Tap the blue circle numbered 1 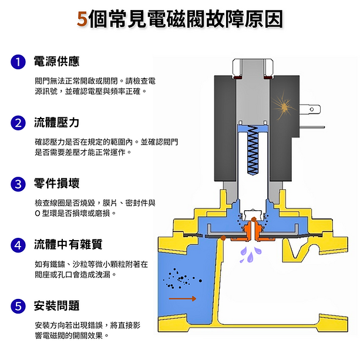(x=19, y=62)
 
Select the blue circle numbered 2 (x=19, y=123)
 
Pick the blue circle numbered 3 (x=19, y=184)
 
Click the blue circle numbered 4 (x=19, y=245)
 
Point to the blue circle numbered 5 (x=19, y=306)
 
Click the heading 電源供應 (x=56, y=62)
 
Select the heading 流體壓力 (x=56, y=123)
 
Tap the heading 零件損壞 (x=56, y=184)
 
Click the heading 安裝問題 (x=56, y=306)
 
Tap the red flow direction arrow (x=186, y=298)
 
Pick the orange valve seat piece (x=253, y=233)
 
